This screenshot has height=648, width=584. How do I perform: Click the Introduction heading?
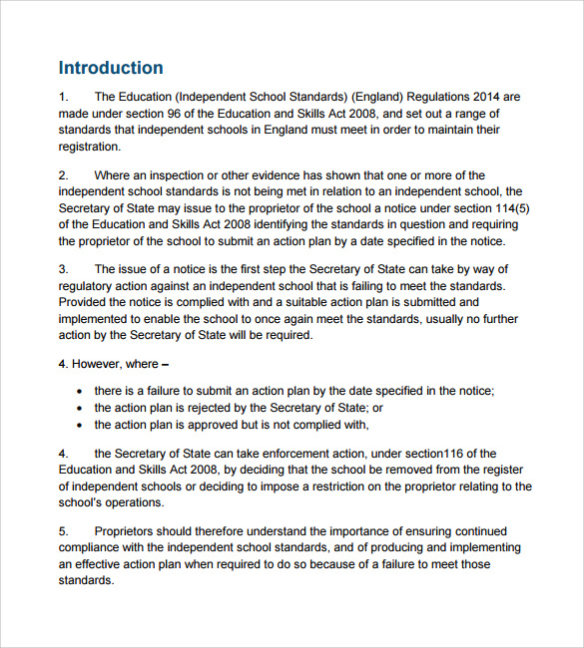[111, 69]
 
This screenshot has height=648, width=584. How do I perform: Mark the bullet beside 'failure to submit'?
[80, 392]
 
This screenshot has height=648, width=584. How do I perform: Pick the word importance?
[336, 531]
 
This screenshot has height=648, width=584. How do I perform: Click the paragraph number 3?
[63, 269]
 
